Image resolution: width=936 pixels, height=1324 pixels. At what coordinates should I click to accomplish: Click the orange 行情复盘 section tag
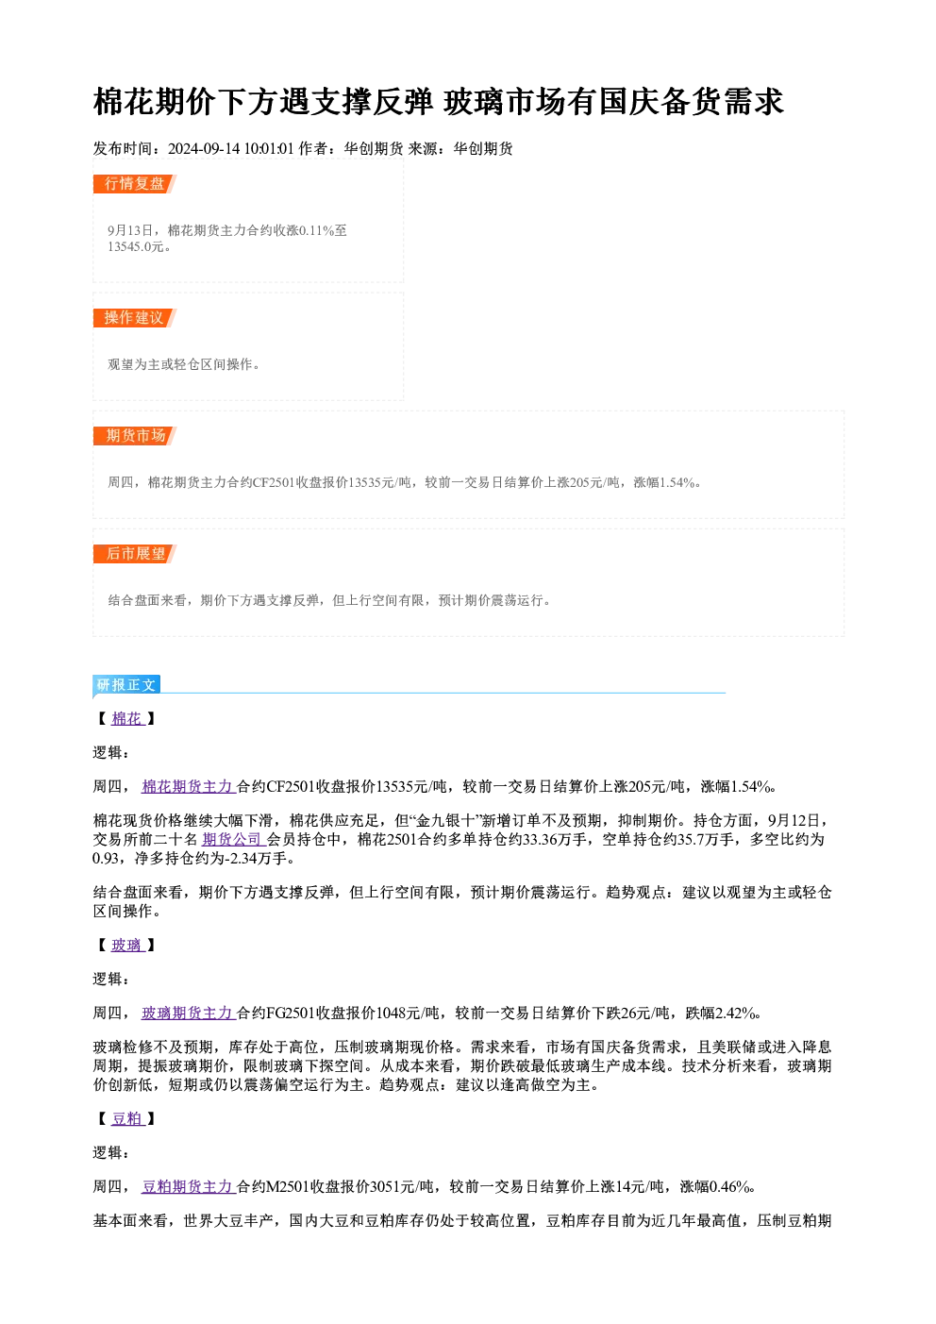(135, 184)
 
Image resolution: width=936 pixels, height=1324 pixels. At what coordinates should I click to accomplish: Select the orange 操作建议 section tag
(135, 318)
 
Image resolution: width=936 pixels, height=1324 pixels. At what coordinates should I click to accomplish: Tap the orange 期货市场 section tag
(135, 436)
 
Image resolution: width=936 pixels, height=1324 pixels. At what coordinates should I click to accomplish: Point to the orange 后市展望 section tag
(135, 554)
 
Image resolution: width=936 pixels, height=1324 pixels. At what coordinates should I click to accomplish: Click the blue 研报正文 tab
(126, 684)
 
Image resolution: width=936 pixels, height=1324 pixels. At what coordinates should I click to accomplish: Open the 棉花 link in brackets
(128, 719)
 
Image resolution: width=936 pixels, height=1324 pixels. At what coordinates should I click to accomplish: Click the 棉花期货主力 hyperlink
(189, 786)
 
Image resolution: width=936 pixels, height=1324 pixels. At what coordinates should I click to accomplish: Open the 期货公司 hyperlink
(233, 839)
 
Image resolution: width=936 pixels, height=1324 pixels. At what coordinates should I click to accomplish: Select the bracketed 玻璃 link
(128, 946)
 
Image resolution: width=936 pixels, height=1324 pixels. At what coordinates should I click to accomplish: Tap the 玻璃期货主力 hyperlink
(189, 1014)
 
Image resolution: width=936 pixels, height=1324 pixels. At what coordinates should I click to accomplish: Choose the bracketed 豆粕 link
(128, 1119)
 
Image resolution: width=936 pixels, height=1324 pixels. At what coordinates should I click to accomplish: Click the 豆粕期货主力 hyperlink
(189, 1186)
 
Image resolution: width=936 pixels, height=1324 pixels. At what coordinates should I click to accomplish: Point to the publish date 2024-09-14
(204, 148)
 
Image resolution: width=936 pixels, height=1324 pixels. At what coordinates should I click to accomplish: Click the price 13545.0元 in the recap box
(135, 247)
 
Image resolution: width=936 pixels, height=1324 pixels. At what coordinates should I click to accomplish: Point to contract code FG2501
(291, 1014)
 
